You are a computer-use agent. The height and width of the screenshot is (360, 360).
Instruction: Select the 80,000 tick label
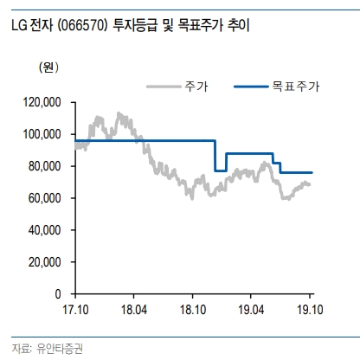tap(47, 166)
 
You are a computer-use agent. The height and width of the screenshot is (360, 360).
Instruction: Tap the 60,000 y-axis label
tap(47, 198)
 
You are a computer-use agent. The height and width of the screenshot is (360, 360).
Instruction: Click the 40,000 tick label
tap(47, 230)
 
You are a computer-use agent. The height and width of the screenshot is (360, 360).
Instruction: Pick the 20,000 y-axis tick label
tap(47, 262)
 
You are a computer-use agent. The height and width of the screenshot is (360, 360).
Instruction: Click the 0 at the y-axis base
tap(62, 294)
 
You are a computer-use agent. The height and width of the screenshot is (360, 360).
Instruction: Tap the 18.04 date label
tap(133, 309)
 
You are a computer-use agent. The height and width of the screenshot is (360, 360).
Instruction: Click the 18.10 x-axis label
tap(192, 309)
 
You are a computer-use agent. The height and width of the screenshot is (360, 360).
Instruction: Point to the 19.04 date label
tap(251, 309)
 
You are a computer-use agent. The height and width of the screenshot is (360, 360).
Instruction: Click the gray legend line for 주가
tap(162, 87)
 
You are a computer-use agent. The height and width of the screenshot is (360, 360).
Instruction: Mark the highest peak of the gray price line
tap(119, 113)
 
